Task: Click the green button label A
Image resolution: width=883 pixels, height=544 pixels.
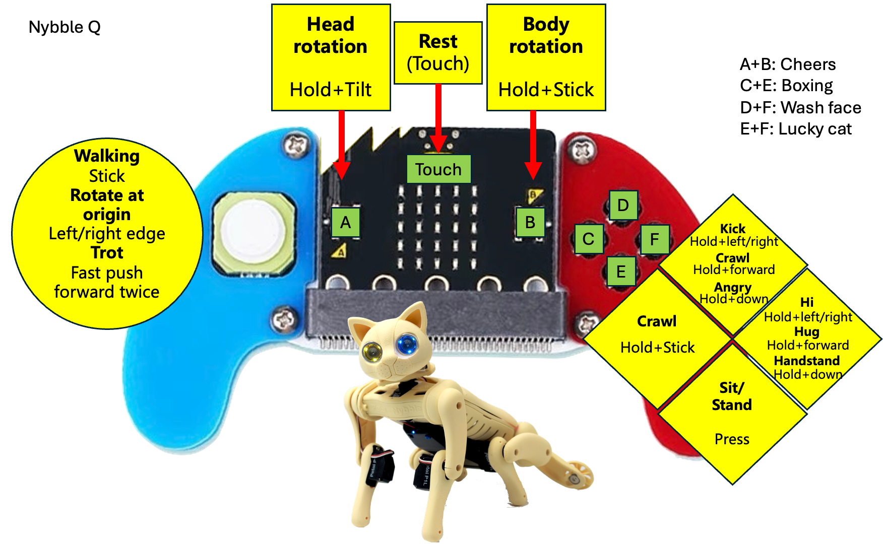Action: [345, 222]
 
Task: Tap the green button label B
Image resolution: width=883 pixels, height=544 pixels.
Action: [530, 222]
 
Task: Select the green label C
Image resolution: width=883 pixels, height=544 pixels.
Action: [588, 239]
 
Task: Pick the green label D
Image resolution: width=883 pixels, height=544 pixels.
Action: [623, 205]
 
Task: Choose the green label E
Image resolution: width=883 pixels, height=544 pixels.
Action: [621, 272]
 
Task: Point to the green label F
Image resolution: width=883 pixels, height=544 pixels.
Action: [654, 239]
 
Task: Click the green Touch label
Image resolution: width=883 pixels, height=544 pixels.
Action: [438, 169]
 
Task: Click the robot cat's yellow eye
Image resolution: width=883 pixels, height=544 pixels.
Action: [372, 350]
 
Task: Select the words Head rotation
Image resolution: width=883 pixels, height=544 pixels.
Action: [331, 35]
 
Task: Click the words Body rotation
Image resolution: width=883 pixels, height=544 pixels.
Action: [546, 35]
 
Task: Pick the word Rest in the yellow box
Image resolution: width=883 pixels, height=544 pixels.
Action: [438, 41]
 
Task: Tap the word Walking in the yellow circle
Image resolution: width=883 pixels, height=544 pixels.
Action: [107, 156]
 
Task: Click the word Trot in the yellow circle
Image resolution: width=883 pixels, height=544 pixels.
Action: [107, 252]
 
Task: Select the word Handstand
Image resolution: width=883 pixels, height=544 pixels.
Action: [806, 361]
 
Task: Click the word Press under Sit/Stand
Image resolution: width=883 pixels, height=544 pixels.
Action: [732, 439]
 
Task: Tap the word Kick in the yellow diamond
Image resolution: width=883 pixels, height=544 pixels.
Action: [732, 229]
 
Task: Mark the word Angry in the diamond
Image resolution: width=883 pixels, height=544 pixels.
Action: [733, 287]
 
